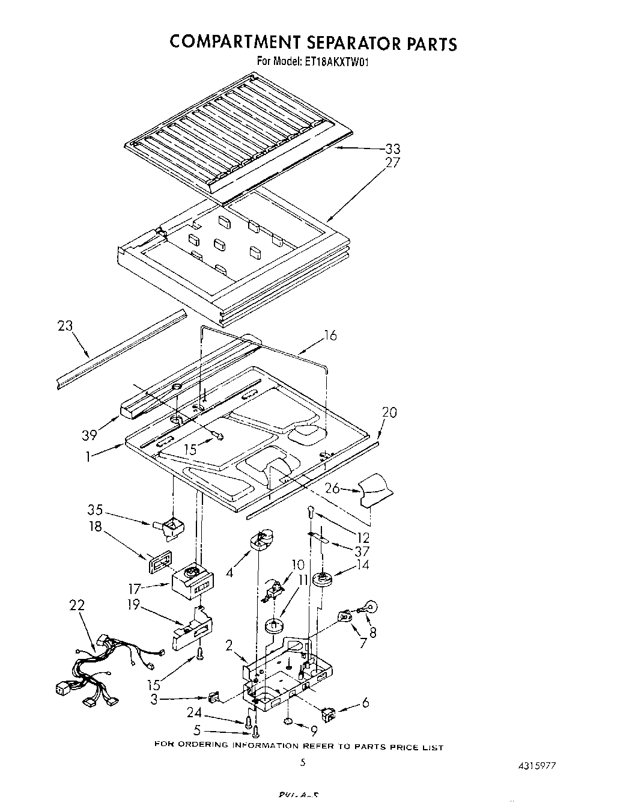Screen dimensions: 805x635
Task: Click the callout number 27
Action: [393, 162]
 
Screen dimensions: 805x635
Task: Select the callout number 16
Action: [330, 335]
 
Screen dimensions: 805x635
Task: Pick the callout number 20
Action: [389, 412]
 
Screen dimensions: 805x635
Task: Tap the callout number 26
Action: [332, 489]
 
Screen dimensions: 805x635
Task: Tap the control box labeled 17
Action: [190, 582]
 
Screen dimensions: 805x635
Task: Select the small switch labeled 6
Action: [329, 714]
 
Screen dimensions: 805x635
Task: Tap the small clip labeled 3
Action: [213, 698]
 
